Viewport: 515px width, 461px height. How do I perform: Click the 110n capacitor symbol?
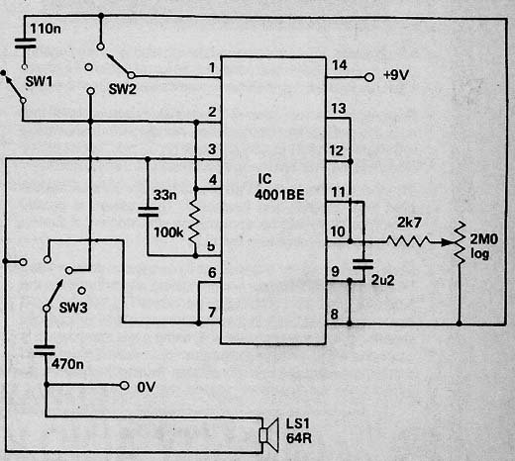coord(25,44)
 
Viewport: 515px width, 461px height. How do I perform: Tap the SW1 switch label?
coord(39,81)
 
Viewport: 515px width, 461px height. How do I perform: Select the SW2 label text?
coord(122,89)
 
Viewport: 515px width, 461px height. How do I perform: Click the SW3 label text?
coord(73,308)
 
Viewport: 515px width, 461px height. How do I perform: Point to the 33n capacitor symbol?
coord(148,212)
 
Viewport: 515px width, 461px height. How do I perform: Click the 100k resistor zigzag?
coord(195,222)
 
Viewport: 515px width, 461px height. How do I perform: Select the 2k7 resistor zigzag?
coord(408,241)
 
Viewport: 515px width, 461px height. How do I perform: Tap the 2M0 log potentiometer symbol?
coord(459,242)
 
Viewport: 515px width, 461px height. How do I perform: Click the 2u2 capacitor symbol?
coord(362,264)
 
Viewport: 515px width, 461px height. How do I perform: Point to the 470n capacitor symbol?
coord(45,350)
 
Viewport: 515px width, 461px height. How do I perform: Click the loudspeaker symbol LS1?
coord(269,435)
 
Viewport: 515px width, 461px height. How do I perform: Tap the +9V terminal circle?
coord(369,77)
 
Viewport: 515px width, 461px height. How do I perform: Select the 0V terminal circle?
coord(124,385)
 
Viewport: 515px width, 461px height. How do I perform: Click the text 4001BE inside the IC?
coord(279,195)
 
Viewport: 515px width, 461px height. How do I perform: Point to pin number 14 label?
coord(340,65)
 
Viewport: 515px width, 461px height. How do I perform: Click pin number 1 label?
coord(212,67)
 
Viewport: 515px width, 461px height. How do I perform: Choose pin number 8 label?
coord(334,314)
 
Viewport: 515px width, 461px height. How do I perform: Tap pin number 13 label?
coord(339,109)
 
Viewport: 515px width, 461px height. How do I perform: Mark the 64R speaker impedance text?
coord(299,438)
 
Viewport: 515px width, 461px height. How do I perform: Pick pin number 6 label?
coord(212,273)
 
